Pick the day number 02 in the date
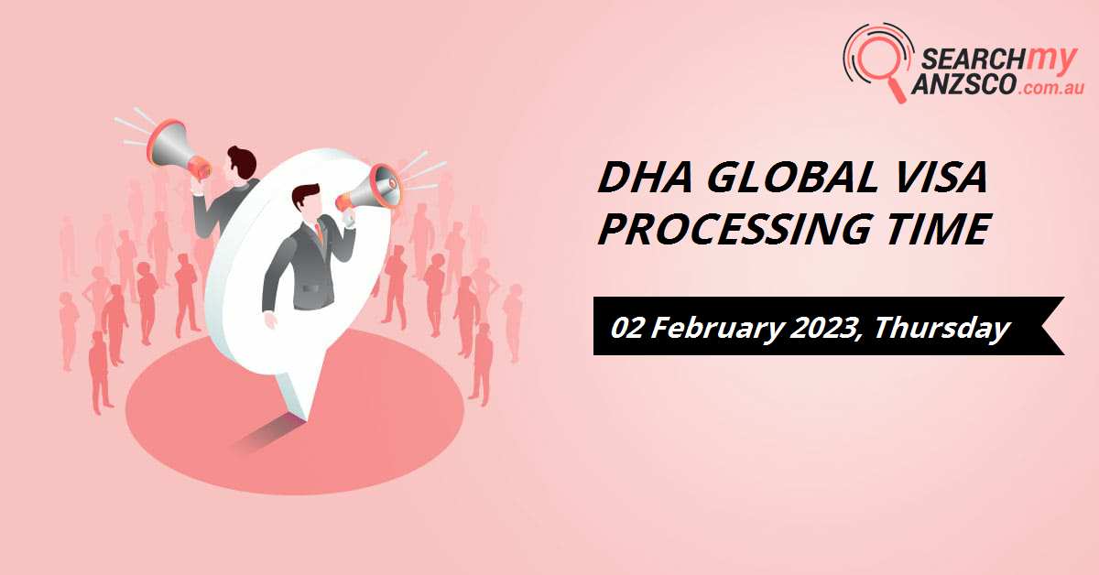(629, 327)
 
